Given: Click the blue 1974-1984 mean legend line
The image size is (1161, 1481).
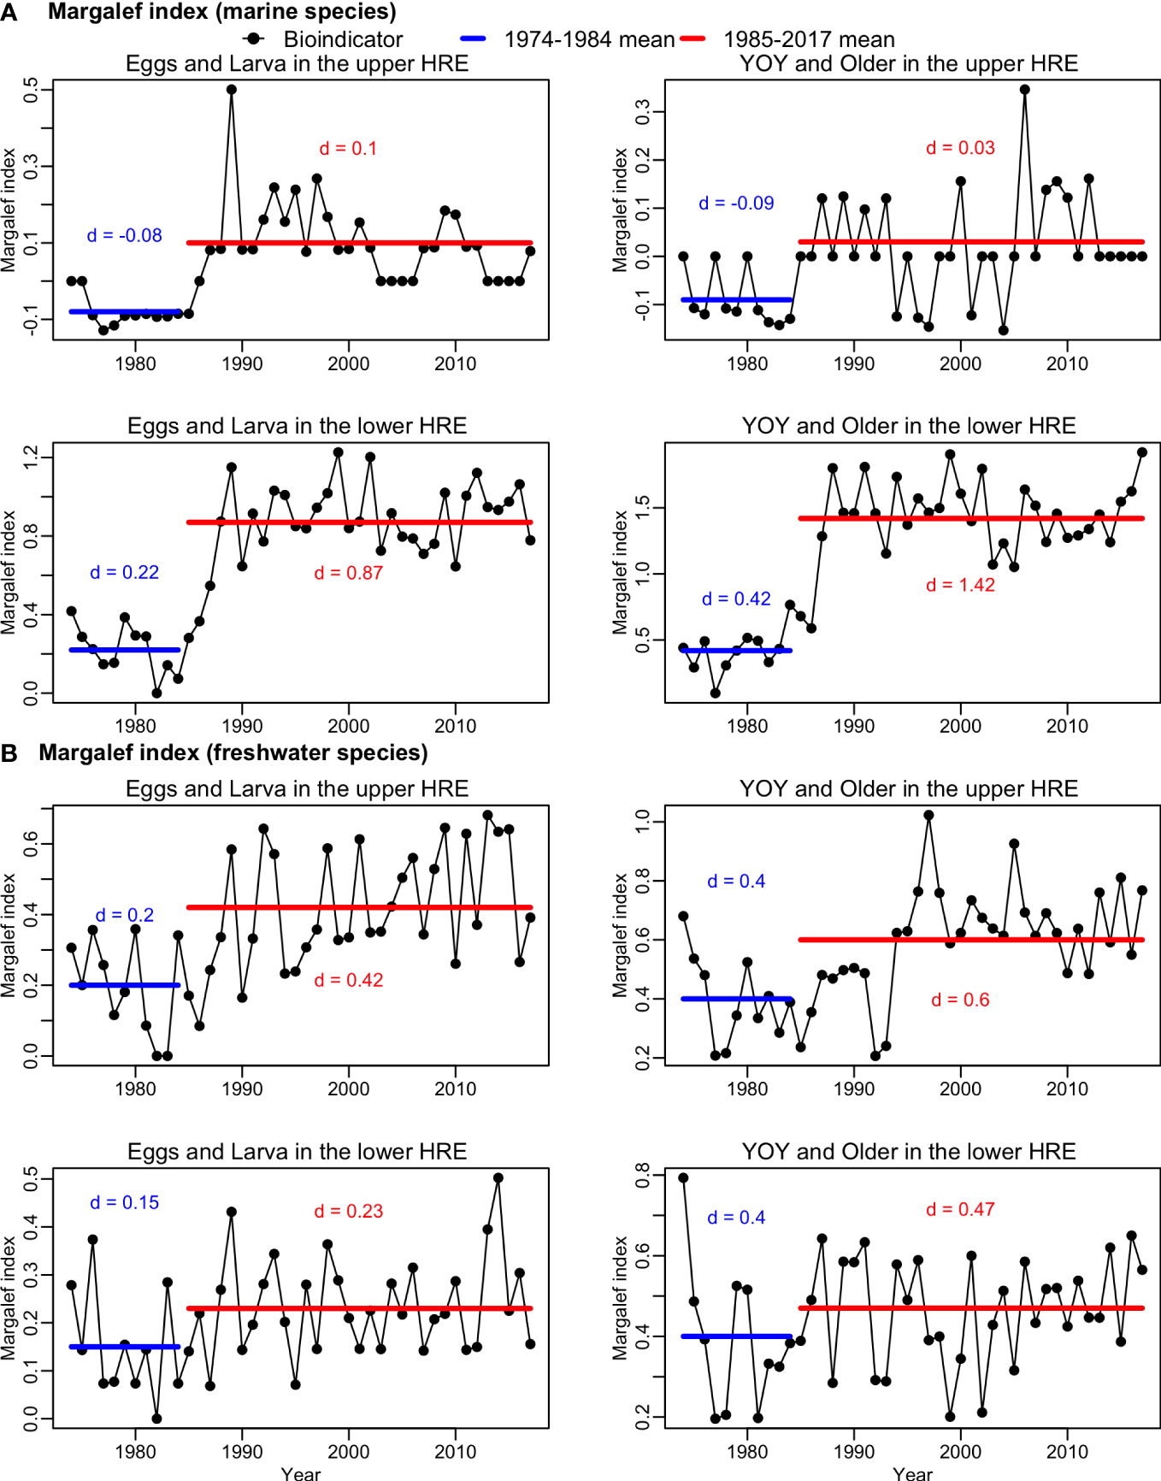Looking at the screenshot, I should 473,38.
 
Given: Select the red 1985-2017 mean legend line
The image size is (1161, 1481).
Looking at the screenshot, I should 692,38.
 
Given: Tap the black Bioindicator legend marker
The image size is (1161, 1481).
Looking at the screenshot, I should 253,38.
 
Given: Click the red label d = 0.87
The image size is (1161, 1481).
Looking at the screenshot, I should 348,573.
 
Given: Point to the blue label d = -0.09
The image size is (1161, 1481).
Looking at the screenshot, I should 736,204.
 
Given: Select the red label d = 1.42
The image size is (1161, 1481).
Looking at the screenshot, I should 960,585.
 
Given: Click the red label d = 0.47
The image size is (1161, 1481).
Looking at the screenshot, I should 960,1209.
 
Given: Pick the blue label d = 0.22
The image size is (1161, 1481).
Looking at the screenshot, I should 125,572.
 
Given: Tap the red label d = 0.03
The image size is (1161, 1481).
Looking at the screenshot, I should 960,148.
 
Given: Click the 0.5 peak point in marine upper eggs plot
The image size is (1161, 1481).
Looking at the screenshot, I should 232,89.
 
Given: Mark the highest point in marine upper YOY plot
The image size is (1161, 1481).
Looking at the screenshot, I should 1024,89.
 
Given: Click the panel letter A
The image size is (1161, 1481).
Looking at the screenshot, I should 9,12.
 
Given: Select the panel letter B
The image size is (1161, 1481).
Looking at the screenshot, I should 9,753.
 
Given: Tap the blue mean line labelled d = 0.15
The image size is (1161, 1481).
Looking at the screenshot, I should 125,1347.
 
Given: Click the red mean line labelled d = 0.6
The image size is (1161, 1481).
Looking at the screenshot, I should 970,940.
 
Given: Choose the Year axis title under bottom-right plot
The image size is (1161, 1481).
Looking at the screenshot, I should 912,1473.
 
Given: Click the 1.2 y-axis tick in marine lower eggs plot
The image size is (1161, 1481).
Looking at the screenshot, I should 31,457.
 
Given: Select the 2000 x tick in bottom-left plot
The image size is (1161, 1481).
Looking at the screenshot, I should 348,1451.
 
